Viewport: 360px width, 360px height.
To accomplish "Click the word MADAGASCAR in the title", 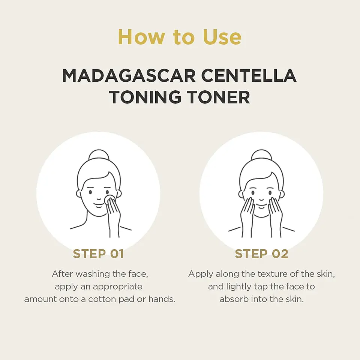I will tap(129, 76).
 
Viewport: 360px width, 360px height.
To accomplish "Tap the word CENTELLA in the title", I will tap(249, 76).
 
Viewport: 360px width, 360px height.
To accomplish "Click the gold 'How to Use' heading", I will tap(180, 37).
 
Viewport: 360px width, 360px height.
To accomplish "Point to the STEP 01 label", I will tap(98, 254).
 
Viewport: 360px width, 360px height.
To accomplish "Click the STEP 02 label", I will tap(261, 254).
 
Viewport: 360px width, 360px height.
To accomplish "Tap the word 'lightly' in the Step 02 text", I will tap(239, 287).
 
